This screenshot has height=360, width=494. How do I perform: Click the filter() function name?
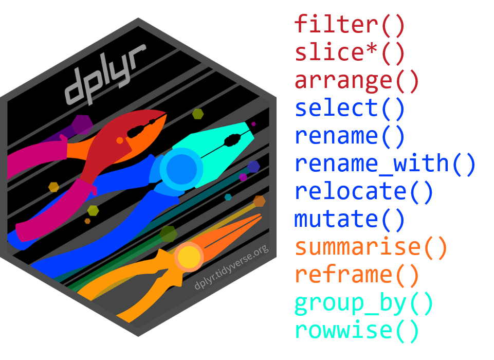350,25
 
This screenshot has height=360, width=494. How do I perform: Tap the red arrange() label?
357,80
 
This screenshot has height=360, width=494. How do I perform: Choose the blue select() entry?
350,108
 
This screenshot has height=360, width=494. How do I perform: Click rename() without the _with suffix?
350,136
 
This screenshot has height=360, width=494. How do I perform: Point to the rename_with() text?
385,164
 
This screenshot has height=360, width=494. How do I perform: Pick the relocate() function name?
364,191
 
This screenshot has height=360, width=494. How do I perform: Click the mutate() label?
350,219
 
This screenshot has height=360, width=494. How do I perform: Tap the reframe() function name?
357,275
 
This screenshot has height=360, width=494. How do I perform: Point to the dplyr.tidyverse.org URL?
232,267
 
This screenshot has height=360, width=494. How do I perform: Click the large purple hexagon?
81,125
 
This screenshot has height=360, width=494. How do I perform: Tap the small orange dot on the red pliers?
120,140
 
